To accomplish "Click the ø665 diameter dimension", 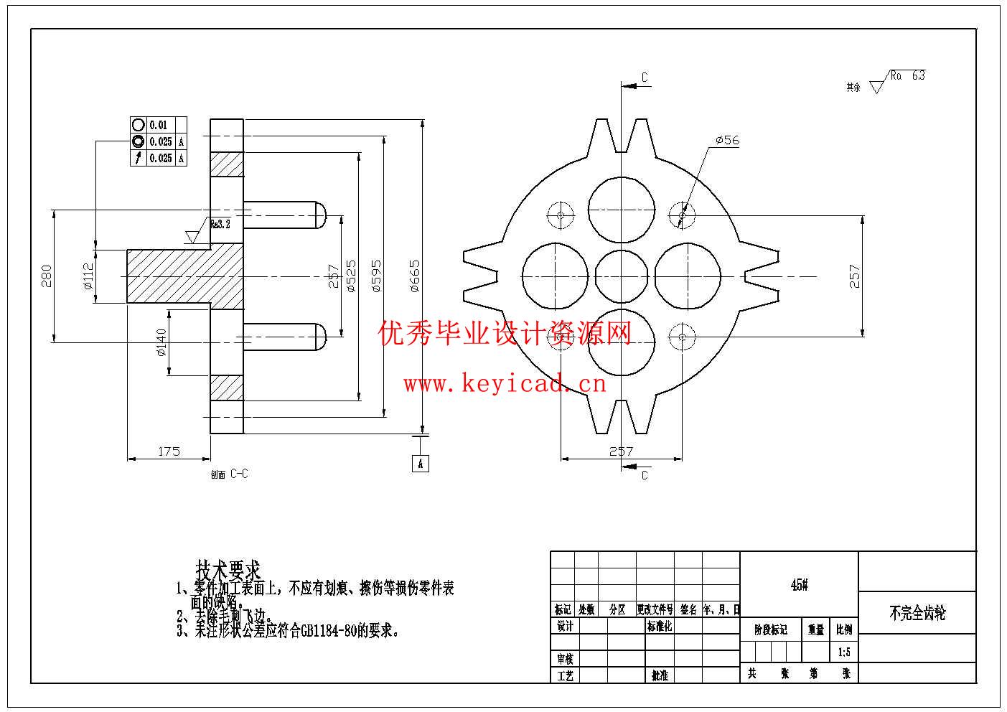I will click(415, 276).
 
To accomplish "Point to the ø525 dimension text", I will click(351, 276).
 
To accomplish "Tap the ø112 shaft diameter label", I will click(88, 276).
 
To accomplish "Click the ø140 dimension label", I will click(161, 342).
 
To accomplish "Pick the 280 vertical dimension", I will click(47, 276).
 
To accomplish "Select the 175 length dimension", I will click(169, 451).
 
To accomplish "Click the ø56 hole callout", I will click(727, 140).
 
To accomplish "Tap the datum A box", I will click(421, 463).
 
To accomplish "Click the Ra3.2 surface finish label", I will click(220, 225).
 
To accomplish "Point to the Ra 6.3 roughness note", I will click(907, 75).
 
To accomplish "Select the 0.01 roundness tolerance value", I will click(158, 125).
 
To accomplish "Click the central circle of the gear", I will click(622, 276).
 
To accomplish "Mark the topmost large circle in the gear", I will click(622, 210).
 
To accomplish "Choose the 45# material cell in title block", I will click(799, 585).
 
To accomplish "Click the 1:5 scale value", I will click(844, 652).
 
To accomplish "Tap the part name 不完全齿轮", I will click(917, 613).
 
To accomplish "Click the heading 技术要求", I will click(228, 571).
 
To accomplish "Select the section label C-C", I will click(239, 474).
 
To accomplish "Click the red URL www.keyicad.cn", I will click(505, 384).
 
